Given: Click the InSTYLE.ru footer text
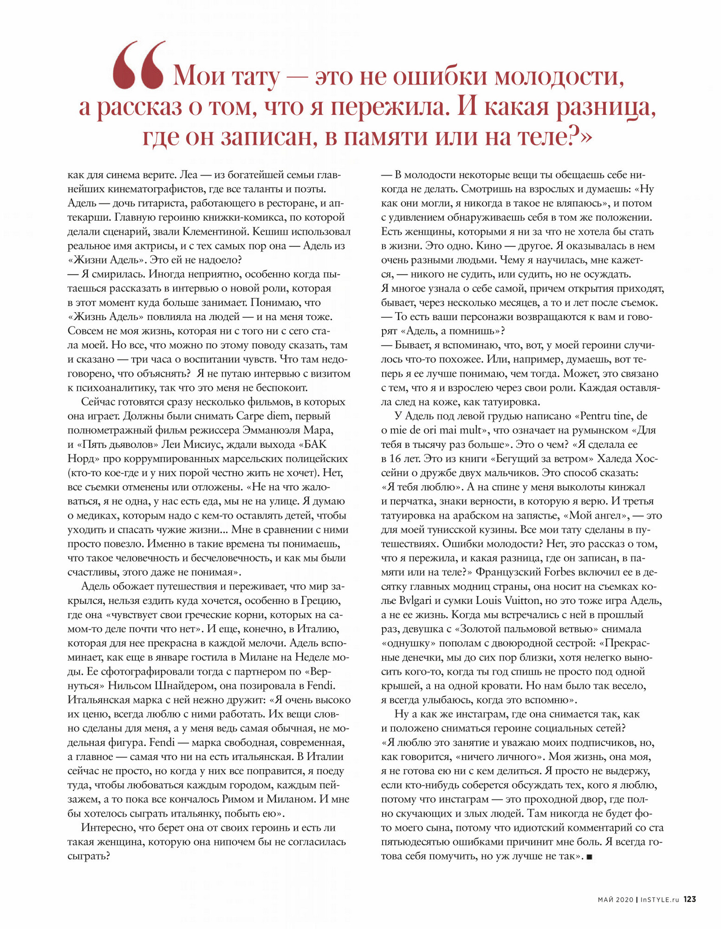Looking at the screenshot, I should coord(659,899).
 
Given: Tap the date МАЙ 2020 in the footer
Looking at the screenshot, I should coord(615,899).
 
